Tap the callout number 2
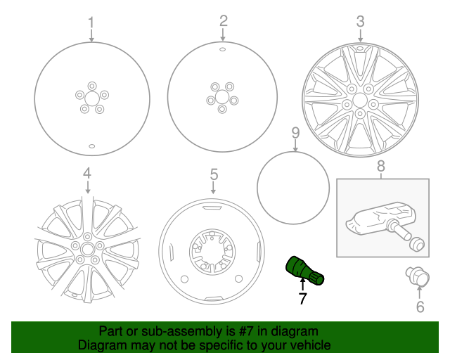pyautogui.click(x=223, y=20)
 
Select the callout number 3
pyautogui.click(x=360, y=21)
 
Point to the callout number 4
pyautogui.click(x=86, y=172)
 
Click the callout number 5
pyautogui.click(x=214, y=174)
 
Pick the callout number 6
pyautogui.click(x=420, y=307)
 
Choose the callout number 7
pyautogui.click(x=302, y=299)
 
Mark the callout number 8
pyautogui.click(x=381, y=167)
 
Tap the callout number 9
pyautogui.click(x=295, y=133)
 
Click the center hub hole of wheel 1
pyautogui.click(x=92, y=97)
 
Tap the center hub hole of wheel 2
pyautogui.click(x=222, y=97)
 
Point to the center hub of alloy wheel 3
pyautogui.click(x=360, y=101)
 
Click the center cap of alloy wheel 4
pyautogui.click(x=87, y=250)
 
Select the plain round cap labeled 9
pyautogui.click(x=293, y=187)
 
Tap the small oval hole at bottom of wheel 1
pyautogui.click(x=92, y=146)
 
